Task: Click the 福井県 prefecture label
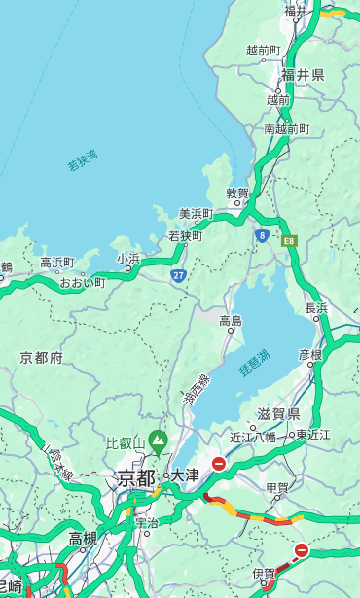point(303,75)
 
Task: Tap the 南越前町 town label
point(286,128)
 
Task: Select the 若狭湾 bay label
point(83,160)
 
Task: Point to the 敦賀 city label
point(237,193)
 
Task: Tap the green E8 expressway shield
point(289,240)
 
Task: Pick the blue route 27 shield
point(179,275)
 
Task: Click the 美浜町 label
point(197,214)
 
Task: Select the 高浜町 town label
point(56,263)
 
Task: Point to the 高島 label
point(231,321)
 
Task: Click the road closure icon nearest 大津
point(219,464)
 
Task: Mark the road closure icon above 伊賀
point(302,550)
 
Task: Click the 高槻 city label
point(83,538)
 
